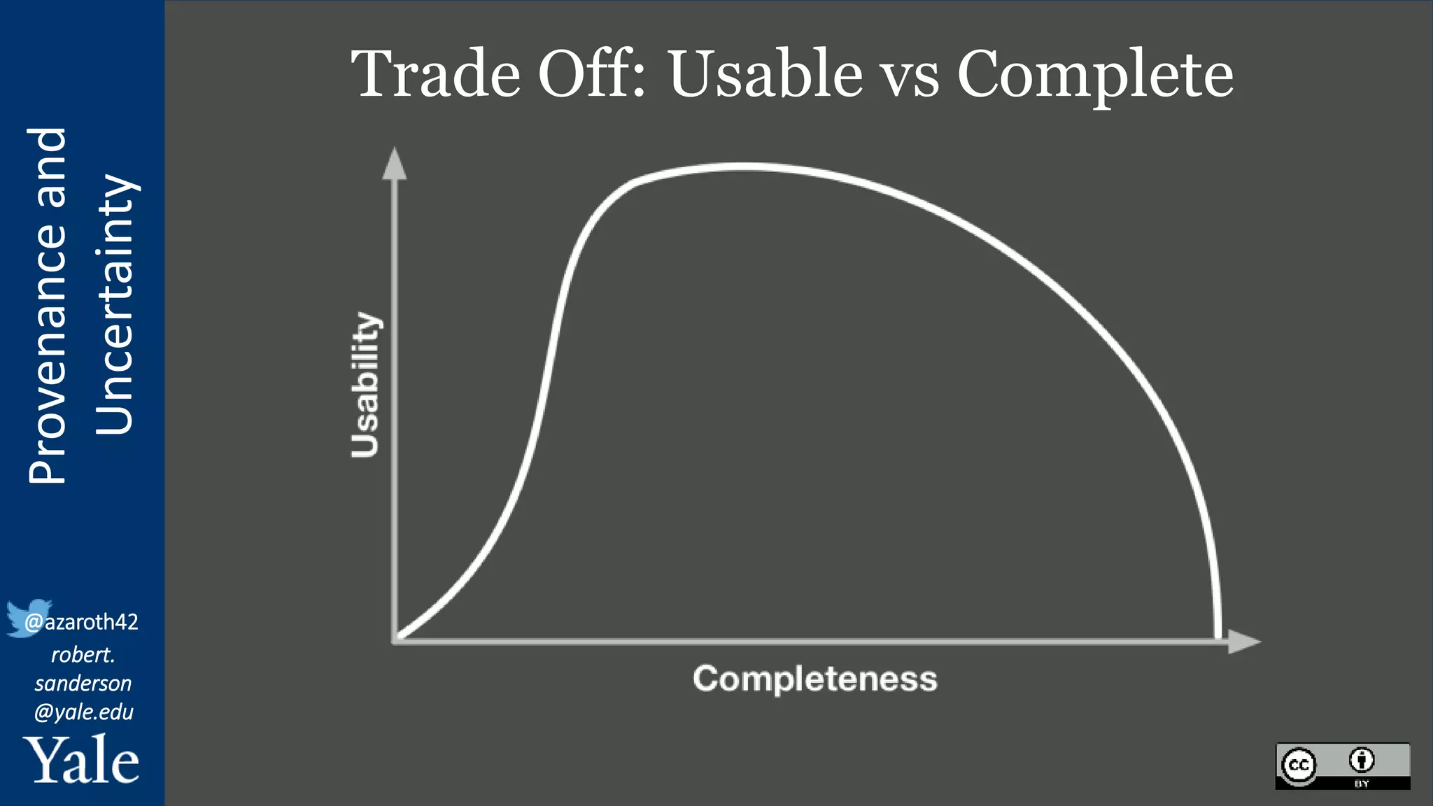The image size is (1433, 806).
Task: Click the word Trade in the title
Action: click(x=435, y=74)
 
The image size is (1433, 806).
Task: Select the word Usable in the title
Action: click(x=765, y=74)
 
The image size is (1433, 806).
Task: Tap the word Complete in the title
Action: click(x=1094, y=76)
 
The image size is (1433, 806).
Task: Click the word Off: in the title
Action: click(x=592, y=74)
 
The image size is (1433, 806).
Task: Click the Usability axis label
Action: click(x=365, y=385)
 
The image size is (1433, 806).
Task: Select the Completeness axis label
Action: click(x=814, y=679)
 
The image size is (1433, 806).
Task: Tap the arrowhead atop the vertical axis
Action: click(x=395, y=164)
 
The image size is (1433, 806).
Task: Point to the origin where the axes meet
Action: click(x=396, y=639)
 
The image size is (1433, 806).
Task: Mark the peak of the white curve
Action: click(x=742, y=167)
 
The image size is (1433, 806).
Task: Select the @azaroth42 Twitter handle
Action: click(x=81, y=621)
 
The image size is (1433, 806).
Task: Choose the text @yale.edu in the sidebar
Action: click(x=83, y=712)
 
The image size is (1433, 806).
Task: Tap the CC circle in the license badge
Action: click(x=1299, y=765)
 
